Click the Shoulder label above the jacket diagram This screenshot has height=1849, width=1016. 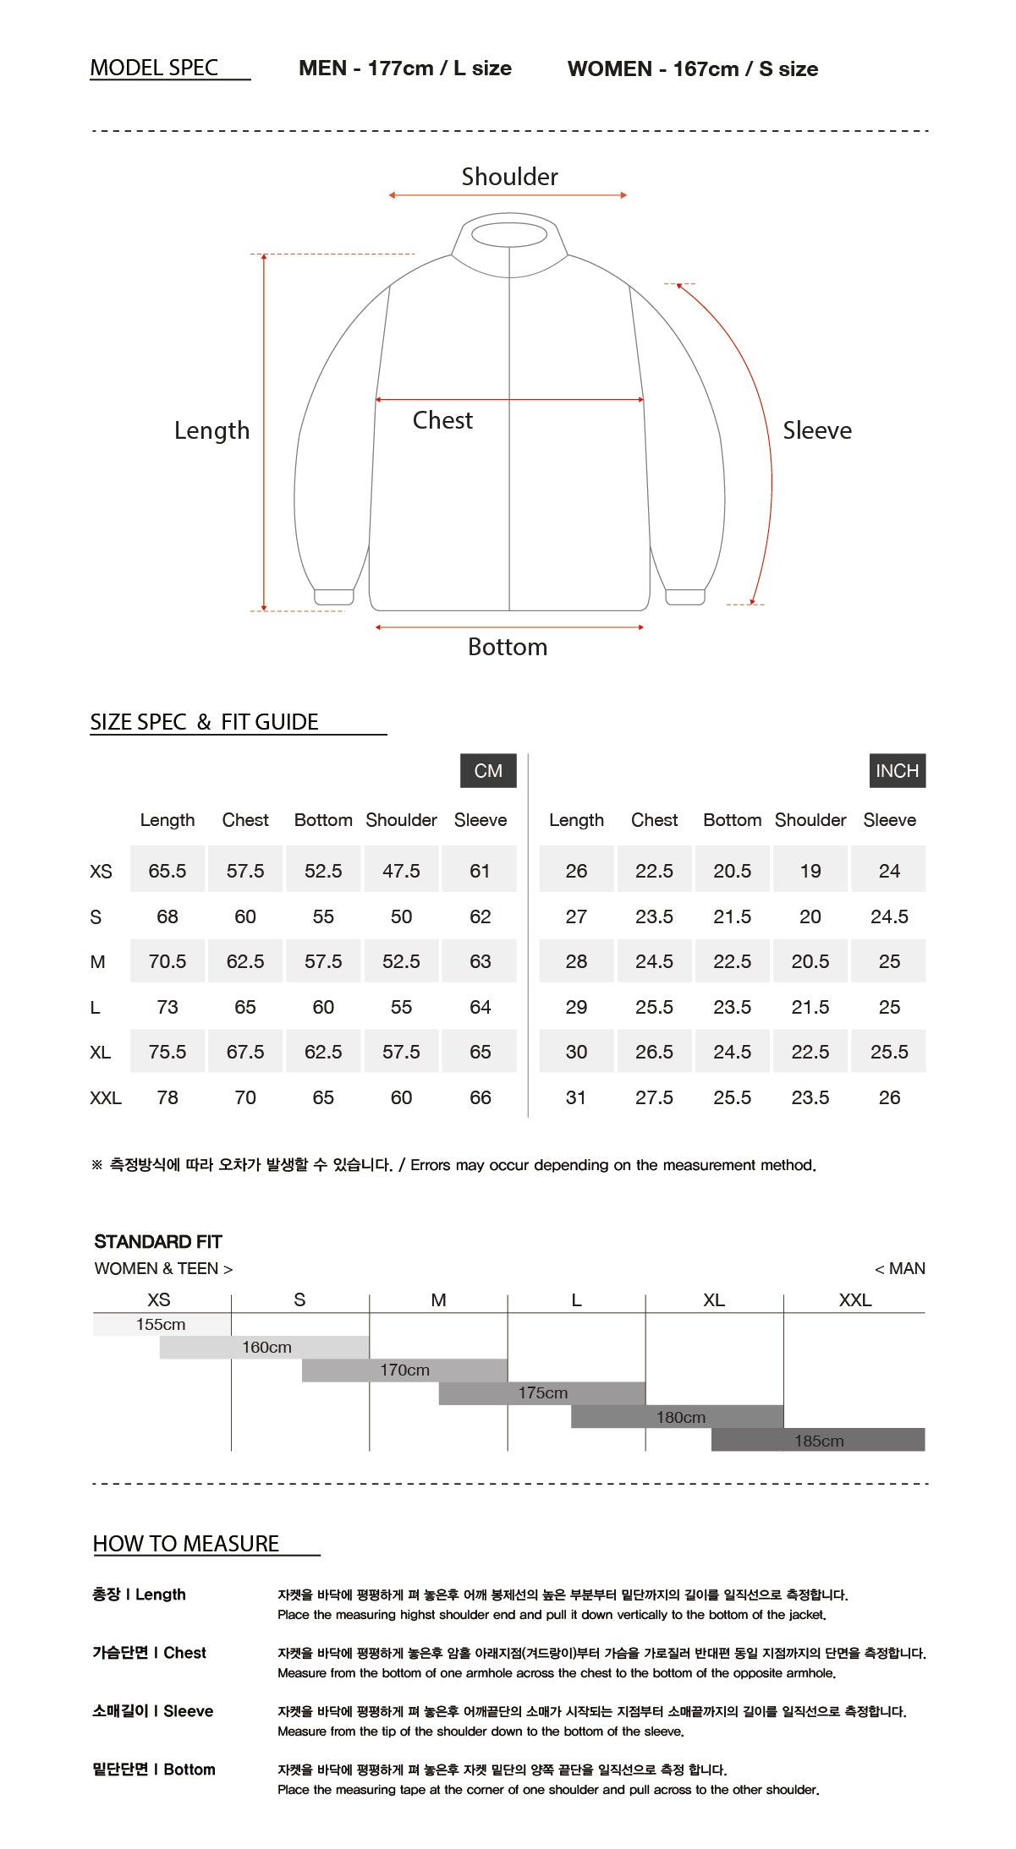coord(509,177)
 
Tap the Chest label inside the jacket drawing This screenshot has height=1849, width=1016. coord(442,420)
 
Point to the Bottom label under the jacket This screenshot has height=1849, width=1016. coord(508,647)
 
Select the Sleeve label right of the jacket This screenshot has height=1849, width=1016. coord(816,430)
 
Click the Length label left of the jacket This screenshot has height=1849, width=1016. coord(211,430)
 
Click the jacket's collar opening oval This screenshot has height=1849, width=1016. coord(509,234)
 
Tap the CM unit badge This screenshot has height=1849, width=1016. coord(488,771)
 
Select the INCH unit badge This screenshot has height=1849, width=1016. coord(897,771)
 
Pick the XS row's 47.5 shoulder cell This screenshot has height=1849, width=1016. coord(401,871)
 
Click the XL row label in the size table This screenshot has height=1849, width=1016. coord(100,1053)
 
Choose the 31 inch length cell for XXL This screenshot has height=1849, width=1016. coord(576,1097)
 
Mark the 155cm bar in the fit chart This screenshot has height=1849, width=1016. coord(162,1325)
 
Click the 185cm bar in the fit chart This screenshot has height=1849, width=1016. coord(818,1440)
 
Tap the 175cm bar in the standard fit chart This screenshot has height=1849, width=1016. coord(542,1393)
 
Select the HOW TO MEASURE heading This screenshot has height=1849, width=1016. coord(186,1544)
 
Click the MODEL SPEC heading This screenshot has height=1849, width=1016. coord(154,68)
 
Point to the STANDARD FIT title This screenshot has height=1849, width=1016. coord(158,1242)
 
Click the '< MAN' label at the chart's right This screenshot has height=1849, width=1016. coord(900,1269)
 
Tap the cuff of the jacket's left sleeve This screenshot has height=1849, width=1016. coord(334,597)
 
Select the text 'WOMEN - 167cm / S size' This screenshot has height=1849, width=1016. coord(693,69)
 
